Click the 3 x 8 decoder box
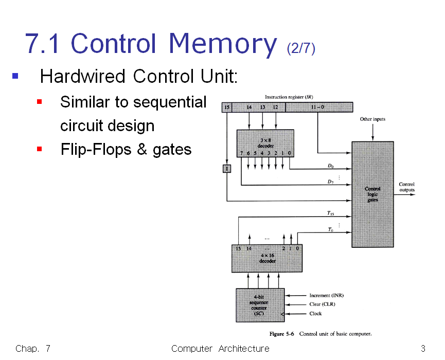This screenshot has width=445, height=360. tap(265, 142)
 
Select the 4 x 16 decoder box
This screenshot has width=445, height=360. tap(267, 258)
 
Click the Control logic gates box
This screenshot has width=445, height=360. tap(372, 194)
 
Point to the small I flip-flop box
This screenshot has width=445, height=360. tap(227, 168)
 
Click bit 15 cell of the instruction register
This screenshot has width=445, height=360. tap(227, 107)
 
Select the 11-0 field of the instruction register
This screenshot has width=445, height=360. tap(319, 107)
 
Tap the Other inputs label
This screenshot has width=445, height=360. tap(372, 119)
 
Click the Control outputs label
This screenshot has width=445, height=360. tap(407, 187)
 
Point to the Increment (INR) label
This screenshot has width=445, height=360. tap(326, 296)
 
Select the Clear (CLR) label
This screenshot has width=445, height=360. tap(322, 304)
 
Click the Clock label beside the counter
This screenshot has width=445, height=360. tap(315, 313)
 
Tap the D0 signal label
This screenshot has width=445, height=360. tap(331, 166)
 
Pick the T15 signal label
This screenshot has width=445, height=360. tap(331, 213)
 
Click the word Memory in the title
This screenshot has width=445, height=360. tap(222, 44)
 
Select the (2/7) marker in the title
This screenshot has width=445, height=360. tap(301, 48)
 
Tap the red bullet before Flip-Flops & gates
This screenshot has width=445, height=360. tap(39, 150)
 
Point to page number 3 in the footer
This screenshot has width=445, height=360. tap(423, 349)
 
